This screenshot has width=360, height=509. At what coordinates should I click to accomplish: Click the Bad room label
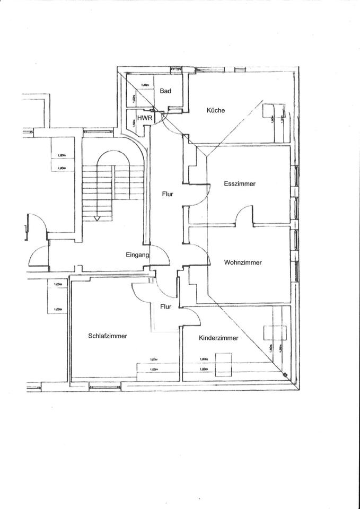[165, 91]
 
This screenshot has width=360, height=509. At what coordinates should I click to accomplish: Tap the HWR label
[145, 117]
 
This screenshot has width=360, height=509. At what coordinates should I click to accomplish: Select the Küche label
[216, 110]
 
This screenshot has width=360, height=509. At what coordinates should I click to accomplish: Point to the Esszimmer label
[240, 184]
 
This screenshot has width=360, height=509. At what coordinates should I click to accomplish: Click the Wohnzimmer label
[243, 262]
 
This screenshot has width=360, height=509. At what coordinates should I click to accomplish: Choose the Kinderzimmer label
[218, 338]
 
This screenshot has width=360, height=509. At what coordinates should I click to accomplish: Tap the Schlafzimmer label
[108, 336]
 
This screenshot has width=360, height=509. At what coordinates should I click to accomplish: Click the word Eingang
[137, 255]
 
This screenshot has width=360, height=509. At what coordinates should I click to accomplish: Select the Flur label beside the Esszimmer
[168, 194]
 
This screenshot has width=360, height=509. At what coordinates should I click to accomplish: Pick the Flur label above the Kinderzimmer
[166, 306]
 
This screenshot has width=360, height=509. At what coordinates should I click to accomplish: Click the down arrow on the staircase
[96, 216]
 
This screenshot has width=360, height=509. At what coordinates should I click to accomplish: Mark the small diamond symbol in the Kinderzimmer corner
[286, 375]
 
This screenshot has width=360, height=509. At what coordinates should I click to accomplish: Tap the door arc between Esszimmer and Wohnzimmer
[244, 215]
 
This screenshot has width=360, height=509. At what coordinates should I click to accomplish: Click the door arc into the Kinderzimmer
[192, 316]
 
